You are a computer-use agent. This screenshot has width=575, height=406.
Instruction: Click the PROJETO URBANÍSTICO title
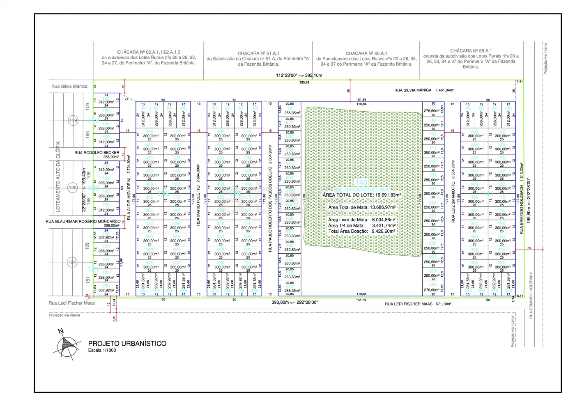pyautogui.click(x=127, y=344)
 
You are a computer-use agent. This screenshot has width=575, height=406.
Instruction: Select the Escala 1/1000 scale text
pyautogui.click(x=102, y=351)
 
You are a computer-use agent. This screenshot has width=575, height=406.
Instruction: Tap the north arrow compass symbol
pyautogui.click(x=67, y=345)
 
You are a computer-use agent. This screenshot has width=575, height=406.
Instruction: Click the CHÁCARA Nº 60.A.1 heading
pyautogui.click(x=366, y=53)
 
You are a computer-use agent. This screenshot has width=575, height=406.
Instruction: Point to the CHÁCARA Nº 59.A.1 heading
pyautogui.click(x=471, y=51)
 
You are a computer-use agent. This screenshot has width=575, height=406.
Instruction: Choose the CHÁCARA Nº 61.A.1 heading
pyautogui.click(x=258, y=53)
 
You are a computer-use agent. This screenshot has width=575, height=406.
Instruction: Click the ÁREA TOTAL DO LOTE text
pyautogui.click(x=361, y=195)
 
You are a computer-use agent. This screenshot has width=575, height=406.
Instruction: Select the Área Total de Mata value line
pyautogui.click(x=362, y=208)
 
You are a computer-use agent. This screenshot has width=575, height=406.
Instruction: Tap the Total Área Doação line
pyautogui.click(x=361, y=231)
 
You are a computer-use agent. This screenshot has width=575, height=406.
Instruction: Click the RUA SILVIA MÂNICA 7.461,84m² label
pyautogui.click(x=424, y=90)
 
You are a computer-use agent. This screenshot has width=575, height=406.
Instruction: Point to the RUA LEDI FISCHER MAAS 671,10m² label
pyautogui.click(x=418, y=304)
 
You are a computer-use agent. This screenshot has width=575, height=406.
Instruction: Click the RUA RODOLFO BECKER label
pyautogui.click(x=97, y=153)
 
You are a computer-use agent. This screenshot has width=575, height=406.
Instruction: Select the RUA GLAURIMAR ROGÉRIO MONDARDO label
pyautogui.click(x=83, y=221)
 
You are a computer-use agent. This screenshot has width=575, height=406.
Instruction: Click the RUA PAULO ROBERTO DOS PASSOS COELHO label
pyautogui.click(x=270, y=198)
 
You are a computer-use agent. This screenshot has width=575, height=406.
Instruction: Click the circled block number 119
pyautogui.click(x=73, y=120)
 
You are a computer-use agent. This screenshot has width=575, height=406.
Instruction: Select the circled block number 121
pyautogui.click(x=72, y=262)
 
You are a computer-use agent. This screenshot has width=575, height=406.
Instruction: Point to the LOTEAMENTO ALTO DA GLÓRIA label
pyautogui.click(x=58, y=177)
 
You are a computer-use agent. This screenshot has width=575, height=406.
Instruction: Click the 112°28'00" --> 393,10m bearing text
pyautogui.click(x=299, y=76)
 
